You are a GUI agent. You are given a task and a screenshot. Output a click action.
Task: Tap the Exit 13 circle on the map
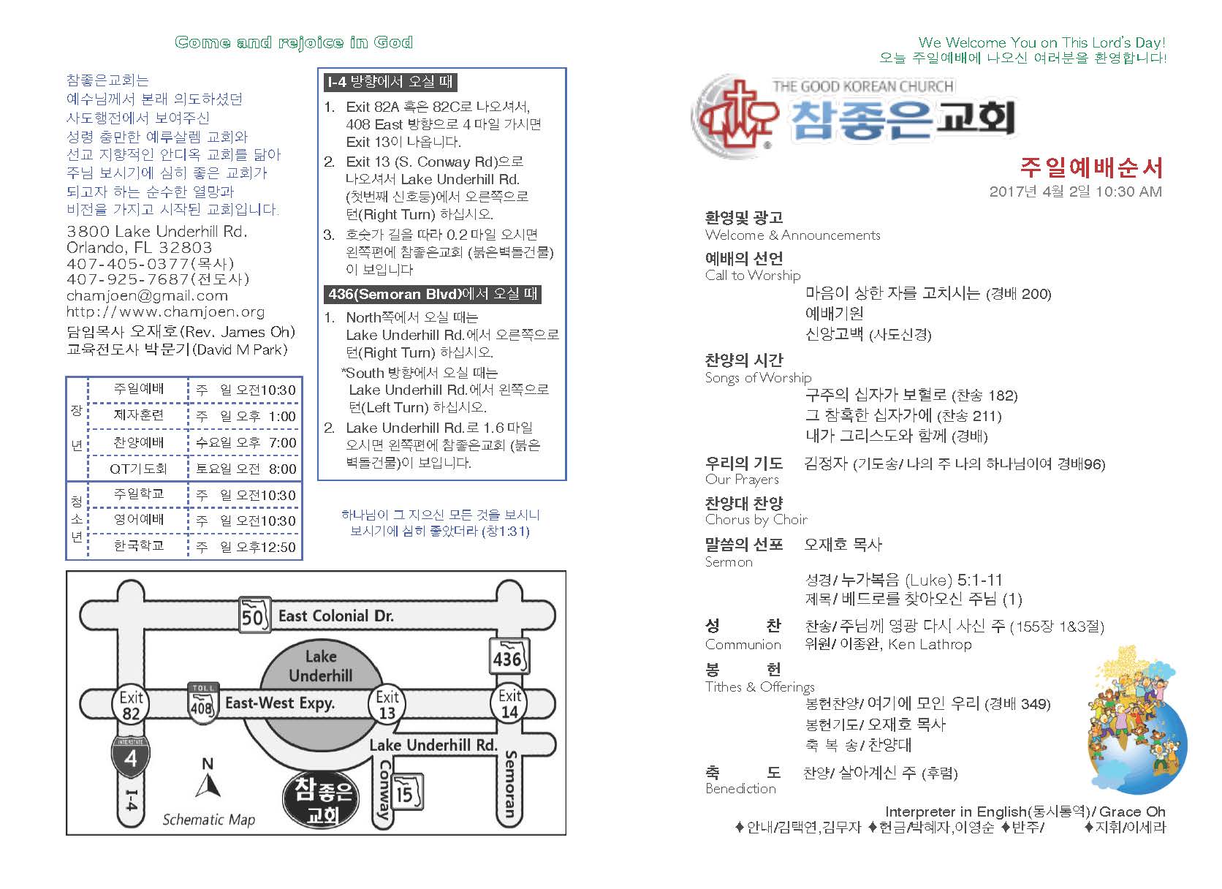click(387, 705)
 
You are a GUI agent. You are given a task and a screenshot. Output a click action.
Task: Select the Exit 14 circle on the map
click(509, 703)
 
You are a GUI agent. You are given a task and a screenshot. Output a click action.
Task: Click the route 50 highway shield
click(253, 616)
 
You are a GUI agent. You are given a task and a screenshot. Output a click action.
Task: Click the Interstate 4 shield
click(130, 755)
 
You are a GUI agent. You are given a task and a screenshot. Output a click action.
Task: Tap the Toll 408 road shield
click(202, 703)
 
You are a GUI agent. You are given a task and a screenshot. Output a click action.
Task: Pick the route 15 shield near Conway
click(406, 792)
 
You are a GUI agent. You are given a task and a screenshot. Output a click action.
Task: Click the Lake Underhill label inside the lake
click(320, 665)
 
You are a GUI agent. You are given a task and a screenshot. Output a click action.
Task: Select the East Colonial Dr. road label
click(335, 616)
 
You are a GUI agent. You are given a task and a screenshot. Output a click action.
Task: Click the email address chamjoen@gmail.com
click(147, 296)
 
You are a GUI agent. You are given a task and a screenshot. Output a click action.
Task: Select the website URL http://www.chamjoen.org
click(165, 312)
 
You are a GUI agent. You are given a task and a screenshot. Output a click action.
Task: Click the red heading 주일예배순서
click(1090, 167)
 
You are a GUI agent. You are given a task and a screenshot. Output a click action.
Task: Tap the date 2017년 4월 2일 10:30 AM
click(1075, 192)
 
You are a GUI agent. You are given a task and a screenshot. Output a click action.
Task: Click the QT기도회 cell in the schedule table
click(138, 469)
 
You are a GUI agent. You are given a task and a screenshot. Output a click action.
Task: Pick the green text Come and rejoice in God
click(294, 42)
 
